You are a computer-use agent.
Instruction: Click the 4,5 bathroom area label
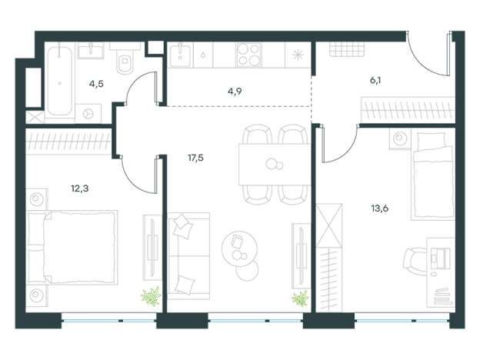click(96, 84)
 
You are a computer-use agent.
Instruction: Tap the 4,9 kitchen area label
click(235, 92)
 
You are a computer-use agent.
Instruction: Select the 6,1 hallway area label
click(375, 81)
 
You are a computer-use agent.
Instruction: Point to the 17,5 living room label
click(195, 158)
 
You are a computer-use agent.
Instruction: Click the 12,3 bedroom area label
click(80, 188)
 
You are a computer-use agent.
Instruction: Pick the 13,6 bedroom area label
click(380, 208)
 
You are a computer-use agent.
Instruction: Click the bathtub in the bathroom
click(60, 80)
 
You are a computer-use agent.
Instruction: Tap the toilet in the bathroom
click(125, 60)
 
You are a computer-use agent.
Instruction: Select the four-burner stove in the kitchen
click(249, 55)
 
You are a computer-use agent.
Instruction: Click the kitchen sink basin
click(180, 55)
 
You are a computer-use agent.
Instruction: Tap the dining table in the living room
click(275, 165)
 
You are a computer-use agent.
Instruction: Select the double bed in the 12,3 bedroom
click(72, 248)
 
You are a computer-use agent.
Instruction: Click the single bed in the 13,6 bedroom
click(432, 176)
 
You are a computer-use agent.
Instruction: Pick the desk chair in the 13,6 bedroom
click(414, 262)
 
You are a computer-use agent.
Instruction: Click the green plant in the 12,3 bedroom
click(152, 296)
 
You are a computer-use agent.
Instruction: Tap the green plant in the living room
click(300, 298)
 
